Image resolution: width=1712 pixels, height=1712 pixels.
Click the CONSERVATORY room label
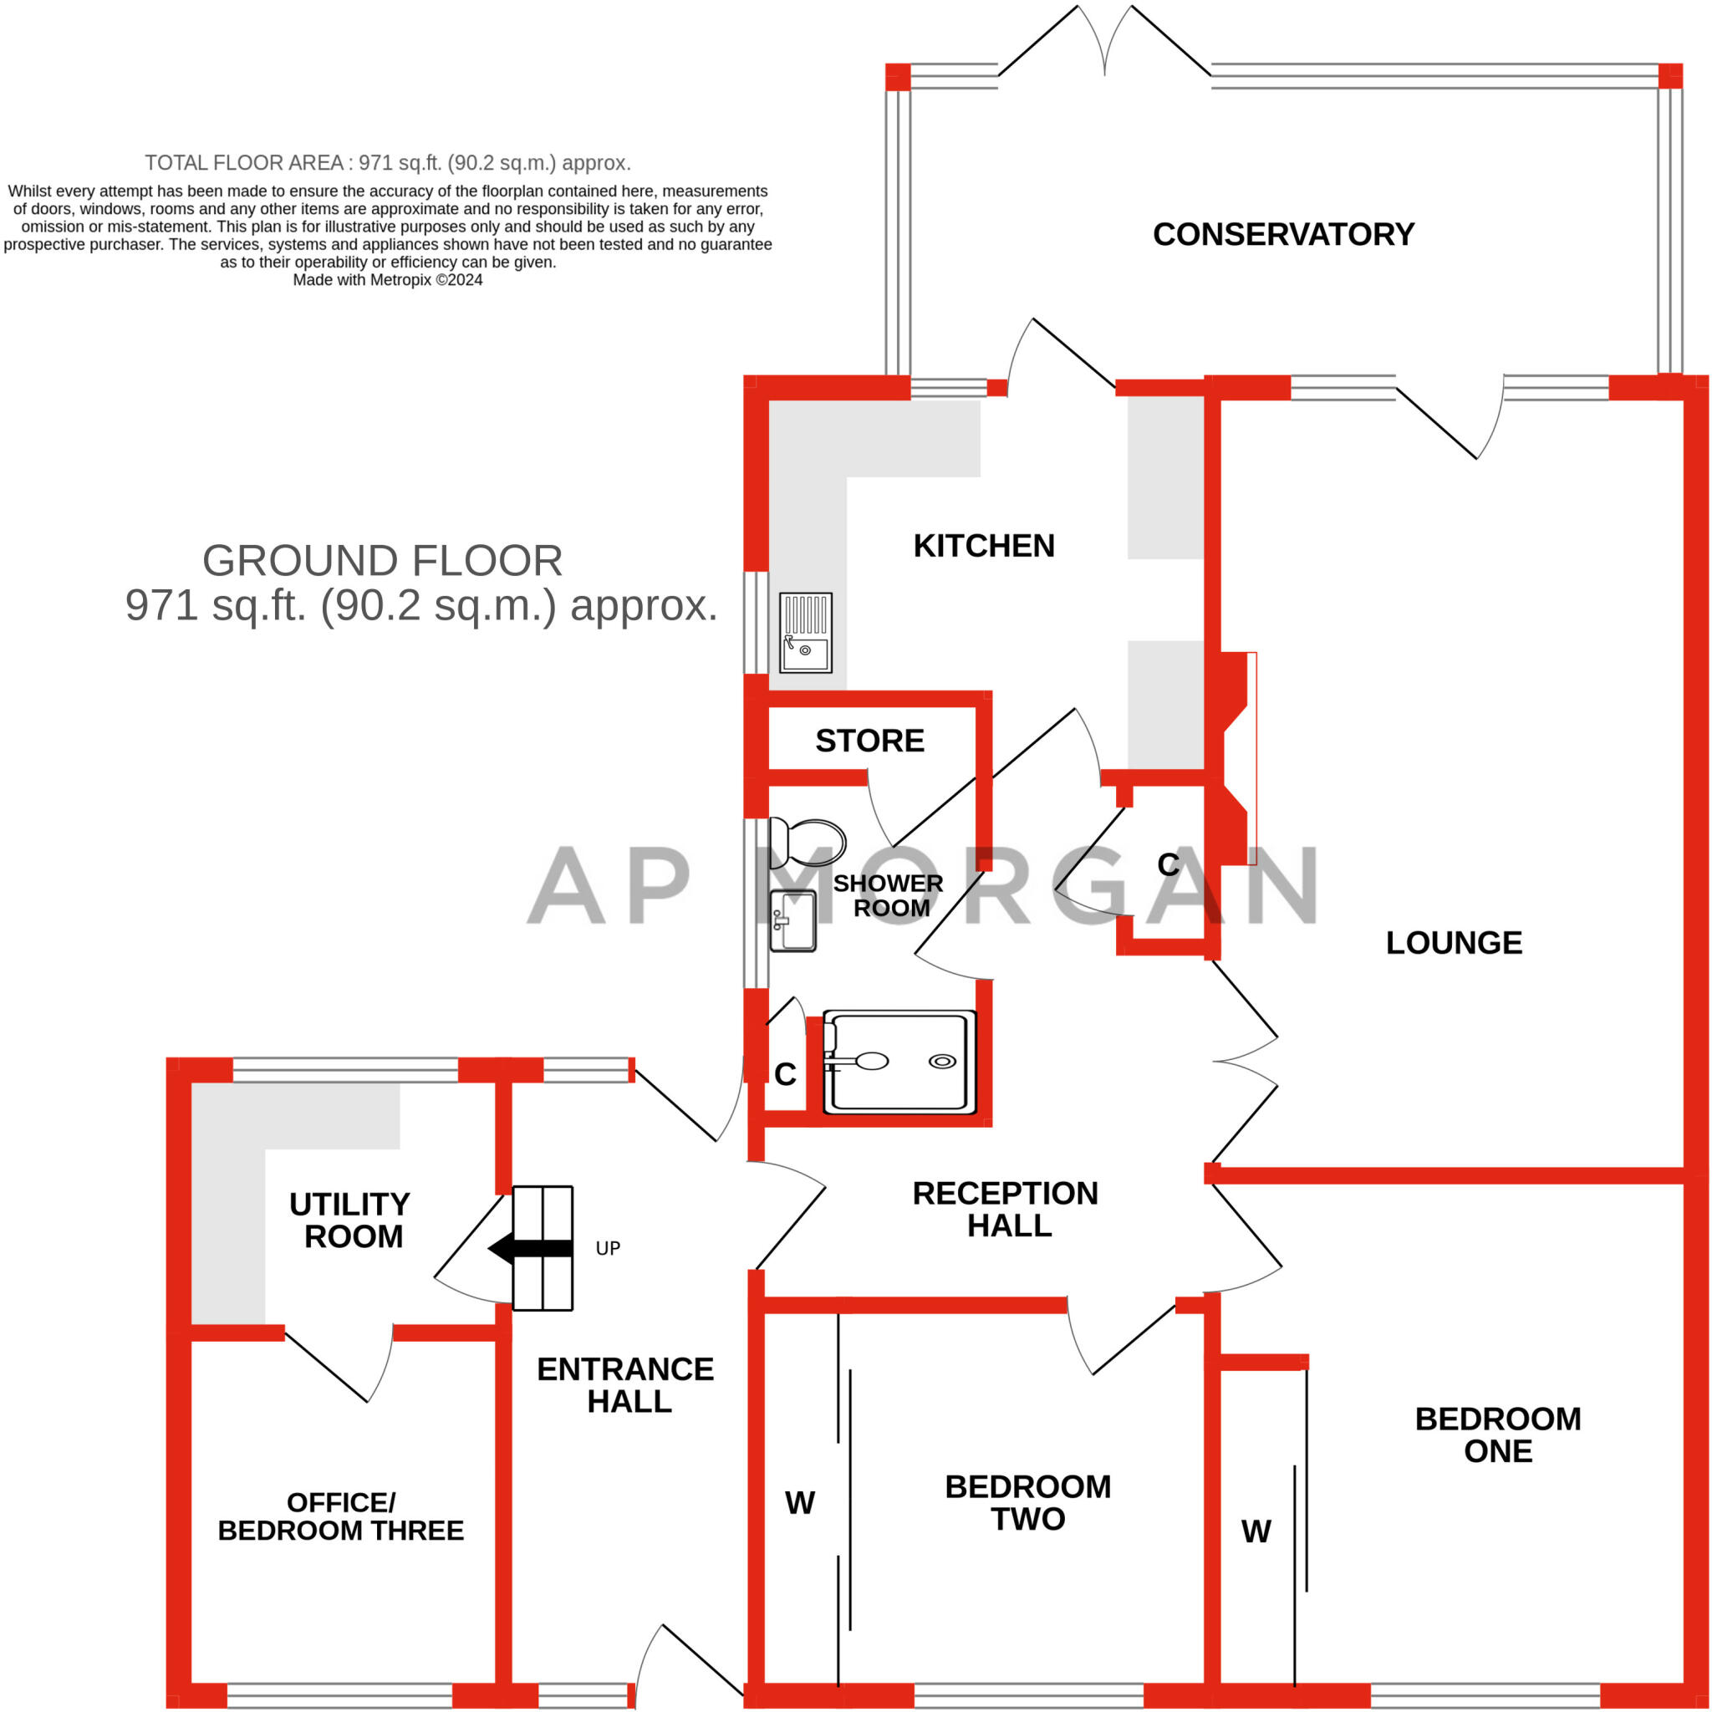pyautogui.click(x=1283, y=235)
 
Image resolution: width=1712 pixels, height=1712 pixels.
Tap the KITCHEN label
pyautogui.click(x=984, y=546)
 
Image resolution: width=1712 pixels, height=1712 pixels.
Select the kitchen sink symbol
pyautogui.click(x=806, y=633)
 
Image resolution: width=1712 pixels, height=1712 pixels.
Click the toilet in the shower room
pyautogui.click(x=808, y=843)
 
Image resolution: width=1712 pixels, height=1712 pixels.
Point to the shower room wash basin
pyautogui.click(x=793, y=920)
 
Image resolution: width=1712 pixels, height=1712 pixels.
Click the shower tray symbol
pyautogui.click(x=899, y=1062)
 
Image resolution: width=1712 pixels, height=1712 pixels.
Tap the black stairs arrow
pyautogui.click(x=530, y=1249)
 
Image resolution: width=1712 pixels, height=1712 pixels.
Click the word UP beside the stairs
pyautogui.click(x=608, y=1249)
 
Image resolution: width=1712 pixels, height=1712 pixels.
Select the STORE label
pyautogui.click(x=869, y=741)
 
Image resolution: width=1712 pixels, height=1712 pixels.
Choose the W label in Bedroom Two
pyautogui.click(x=800, y=1503)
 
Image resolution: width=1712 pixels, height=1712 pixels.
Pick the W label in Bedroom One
pyautogui.click(x=1256, y=1531)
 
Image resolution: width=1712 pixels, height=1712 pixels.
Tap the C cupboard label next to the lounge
pyautogui.click(x=1168, y=865)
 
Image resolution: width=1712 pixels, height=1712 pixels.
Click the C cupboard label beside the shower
pyautogui.click(x=785, y=1075)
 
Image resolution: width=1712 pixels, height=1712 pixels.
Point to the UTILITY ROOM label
pyautogui.click(x=351, y=1220)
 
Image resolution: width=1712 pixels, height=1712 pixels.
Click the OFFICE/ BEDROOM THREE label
pyautogui.click(x=340, y=1516)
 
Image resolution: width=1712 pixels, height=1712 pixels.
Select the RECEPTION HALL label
pyautogui.click(x=1006, y=1210)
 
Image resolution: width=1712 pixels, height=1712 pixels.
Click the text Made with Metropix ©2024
pyautogui.click(x=387, y=280)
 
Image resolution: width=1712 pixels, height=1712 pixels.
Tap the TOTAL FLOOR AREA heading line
pyautogui.click(x=387, y=163)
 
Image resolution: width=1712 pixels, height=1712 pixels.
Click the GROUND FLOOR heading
pyautogui.click(x=382, y=561)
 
